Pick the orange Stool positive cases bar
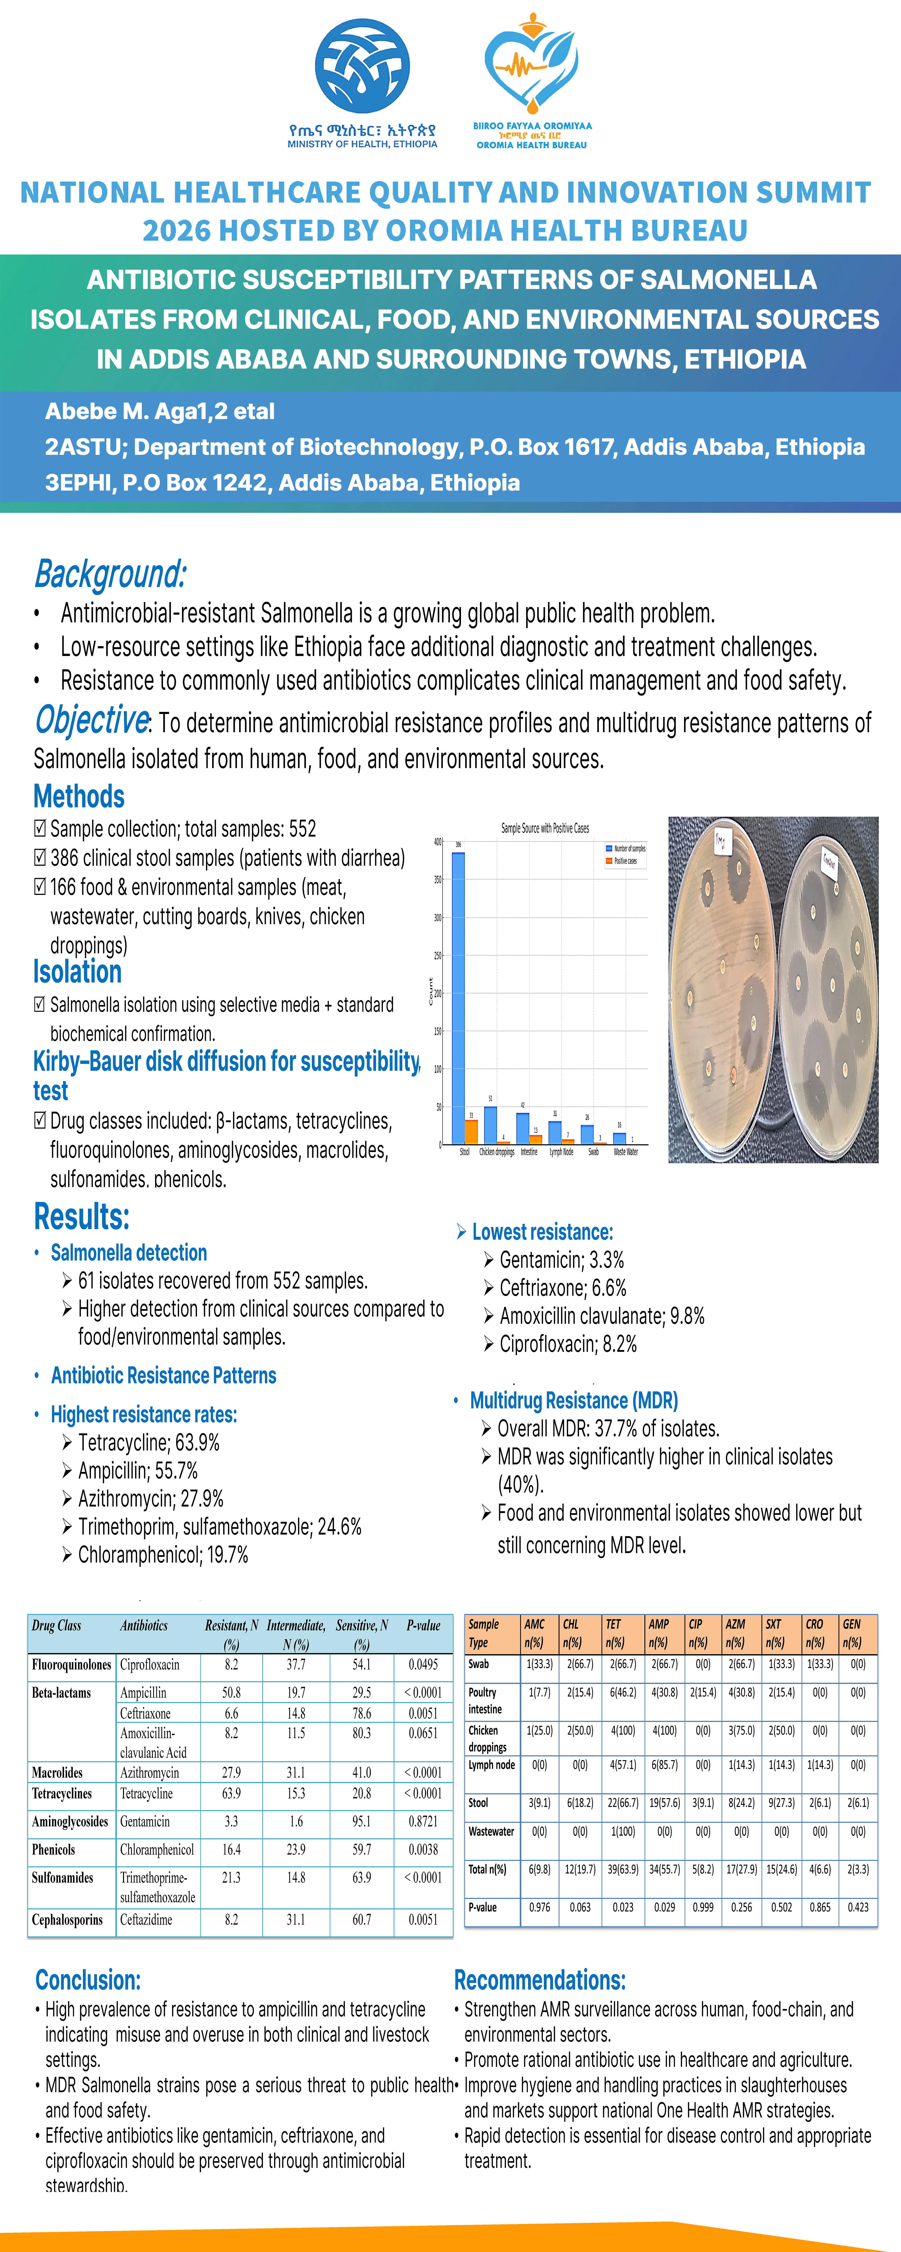pyautogui.click(x=471, y=1131)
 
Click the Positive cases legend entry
pyautogui.click(x=625, y=861)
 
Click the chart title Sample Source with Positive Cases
pyautogui.click(x=544, y=828)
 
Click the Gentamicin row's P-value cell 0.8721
pyautogui.click(x=423, y=1822)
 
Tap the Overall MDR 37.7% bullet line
pyautogui.click(x=608, y=1429)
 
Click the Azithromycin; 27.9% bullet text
pyautogui.click(x=150, y=1498)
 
